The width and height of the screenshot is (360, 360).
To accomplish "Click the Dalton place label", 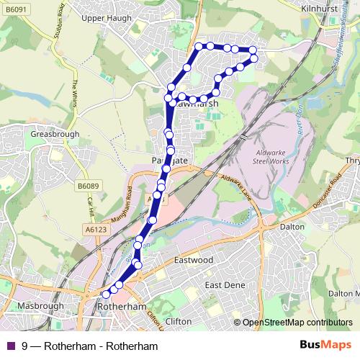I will (x=292, y=225).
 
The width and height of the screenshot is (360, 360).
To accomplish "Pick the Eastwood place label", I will (x=194, y=259).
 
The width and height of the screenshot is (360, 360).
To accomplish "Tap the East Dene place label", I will (x=225, y=285).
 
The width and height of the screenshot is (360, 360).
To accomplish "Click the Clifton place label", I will (x=178, y=321).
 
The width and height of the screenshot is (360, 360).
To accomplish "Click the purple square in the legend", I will (x=10, y=346).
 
